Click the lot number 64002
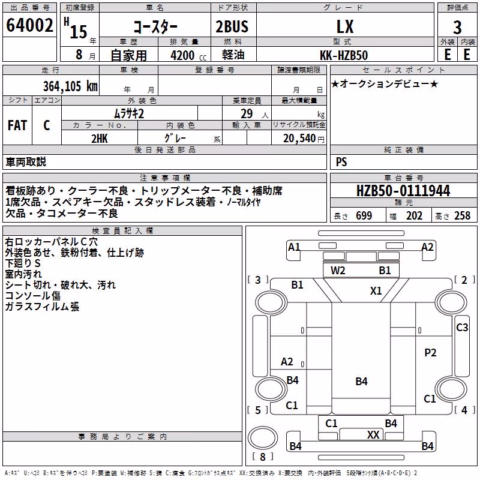29,25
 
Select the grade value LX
345,26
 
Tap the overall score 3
457,27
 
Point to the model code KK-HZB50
344,55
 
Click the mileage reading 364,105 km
70,86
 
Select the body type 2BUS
232,26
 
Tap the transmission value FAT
17,125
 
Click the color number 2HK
100,139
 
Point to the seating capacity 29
247,113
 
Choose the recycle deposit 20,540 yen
304,139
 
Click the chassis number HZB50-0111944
403,191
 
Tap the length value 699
364,215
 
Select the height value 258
462,215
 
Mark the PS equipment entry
341,161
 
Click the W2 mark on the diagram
338,271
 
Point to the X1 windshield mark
376,290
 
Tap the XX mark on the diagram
373,434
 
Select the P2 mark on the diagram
430,353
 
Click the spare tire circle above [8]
263,427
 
